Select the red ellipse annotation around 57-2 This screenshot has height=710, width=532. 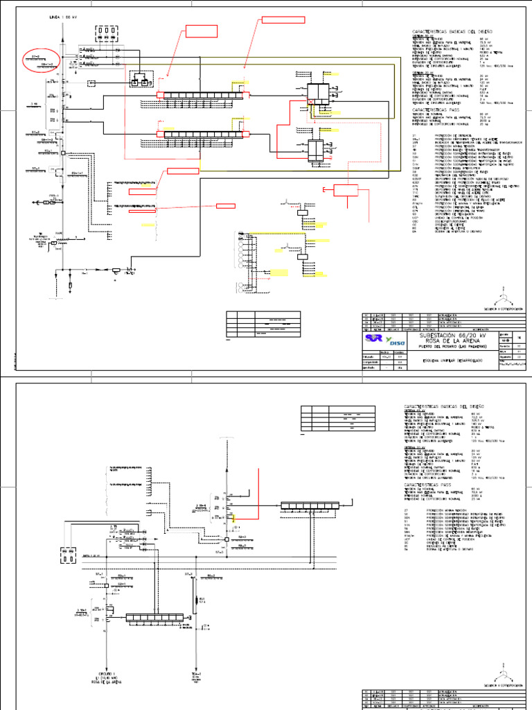coord(42,60)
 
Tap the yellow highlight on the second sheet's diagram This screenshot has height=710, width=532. coord(236,517)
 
